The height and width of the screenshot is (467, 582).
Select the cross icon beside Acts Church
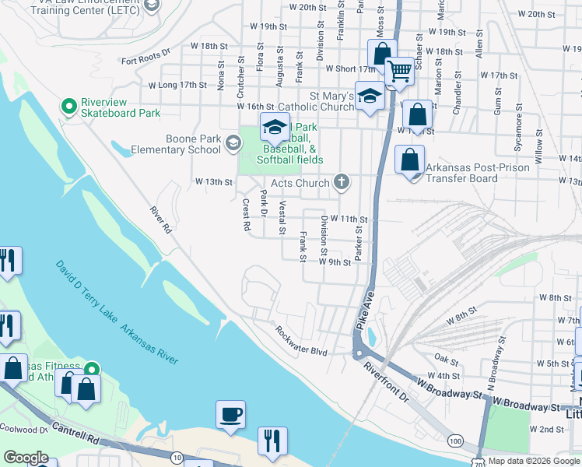coord(340,183)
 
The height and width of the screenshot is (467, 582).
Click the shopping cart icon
coord(399,71)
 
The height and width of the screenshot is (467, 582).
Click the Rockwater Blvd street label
coord(301,341)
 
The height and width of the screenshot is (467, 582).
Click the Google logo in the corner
coord(26,458)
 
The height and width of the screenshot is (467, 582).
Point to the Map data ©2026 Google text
coord(534,461)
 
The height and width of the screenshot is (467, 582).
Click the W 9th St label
coord(335,262)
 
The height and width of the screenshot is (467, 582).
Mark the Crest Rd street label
coord(246,216)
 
